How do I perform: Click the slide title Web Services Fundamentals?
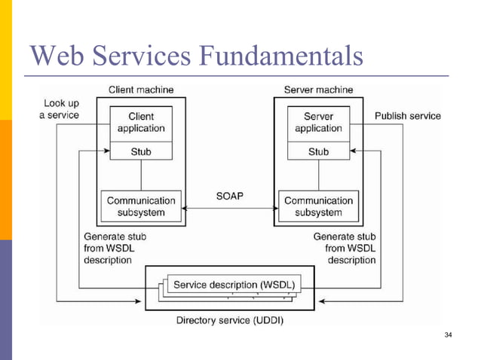pos(195,56)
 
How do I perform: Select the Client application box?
pos(141,123)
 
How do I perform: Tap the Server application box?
pos(318,123)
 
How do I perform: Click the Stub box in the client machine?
pos(141,151)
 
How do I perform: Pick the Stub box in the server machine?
pos(318,151)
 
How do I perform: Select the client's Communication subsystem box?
pos(141,206)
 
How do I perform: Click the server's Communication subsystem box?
pos(318,206)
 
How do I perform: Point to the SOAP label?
pos(229,196)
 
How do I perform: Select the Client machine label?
pos(141,90)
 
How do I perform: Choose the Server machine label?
pos(318,90)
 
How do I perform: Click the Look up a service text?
pos(59,108)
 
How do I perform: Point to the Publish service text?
pos(407,116)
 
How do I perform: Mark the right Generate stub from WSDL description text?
pos(344,248)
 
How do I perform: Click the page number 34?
pos(449,334)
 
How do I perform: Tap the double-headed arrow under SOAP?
pos(229,209)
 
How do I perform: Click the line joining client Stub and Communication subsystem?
pos(141,175)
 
